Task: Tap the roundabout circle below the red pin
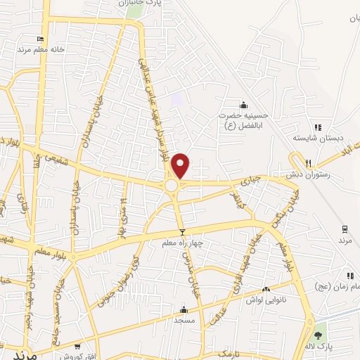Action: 172,185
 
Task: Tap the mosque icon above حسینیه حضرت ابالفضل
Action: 244,104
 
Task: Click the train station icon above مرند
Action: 345,229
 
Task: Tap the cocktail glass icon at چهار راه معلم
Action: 182,232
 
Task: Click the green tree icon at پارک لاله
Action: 319,335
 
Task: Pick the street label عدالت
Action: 219,311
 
